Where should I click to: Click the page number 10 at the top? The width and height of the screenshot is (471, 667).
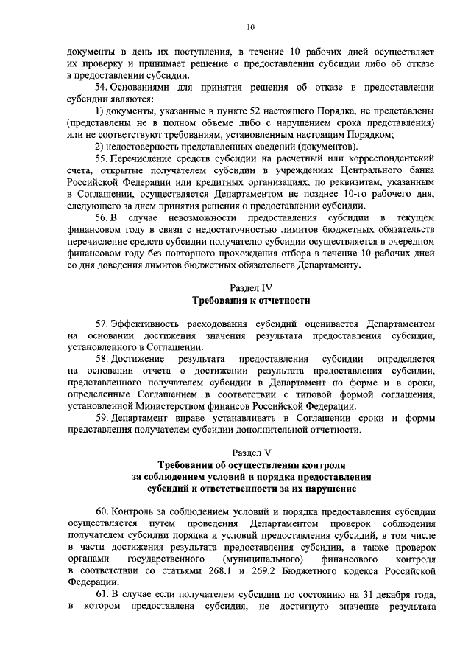(250, 27)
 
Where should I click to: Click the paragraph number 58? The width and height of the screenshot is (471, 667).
(104, 359)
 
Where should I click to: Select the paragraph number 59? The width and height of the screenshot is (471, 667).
(104, 419)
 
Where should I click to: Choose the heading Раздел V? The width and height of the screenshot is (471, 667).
(251, 453)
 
